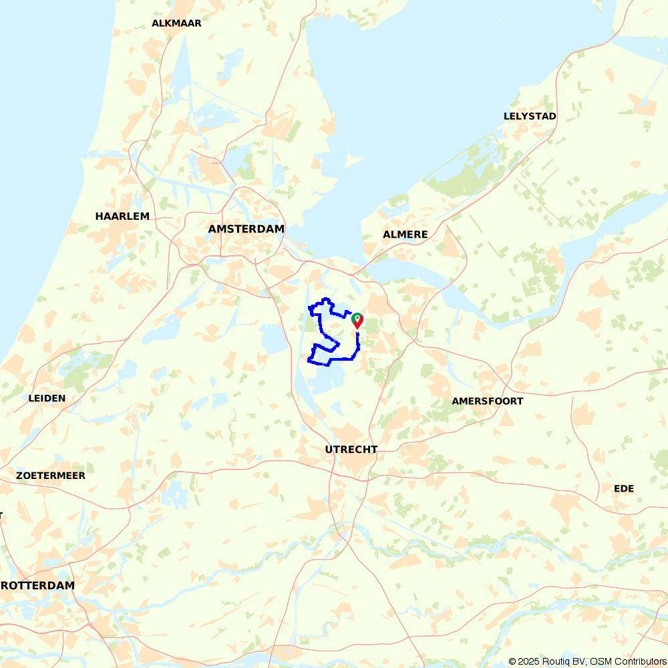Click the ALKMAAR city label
click(176, 23)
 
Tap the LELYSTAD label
click(530, 116)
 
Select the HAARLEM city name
click(122, 216)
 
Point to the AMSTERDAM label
click(246, 229)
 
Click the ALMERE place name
click(405, 234)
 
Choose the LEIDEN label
click(47, 398)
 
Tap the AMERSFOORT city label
click(487, 401)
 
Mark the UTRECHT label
click(351, 450)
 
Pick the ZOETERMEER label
click(51, 476)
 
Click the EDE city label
click(623, 489)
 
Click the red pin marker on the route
click(358, 322)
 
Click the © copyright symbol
click(512, 661)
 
